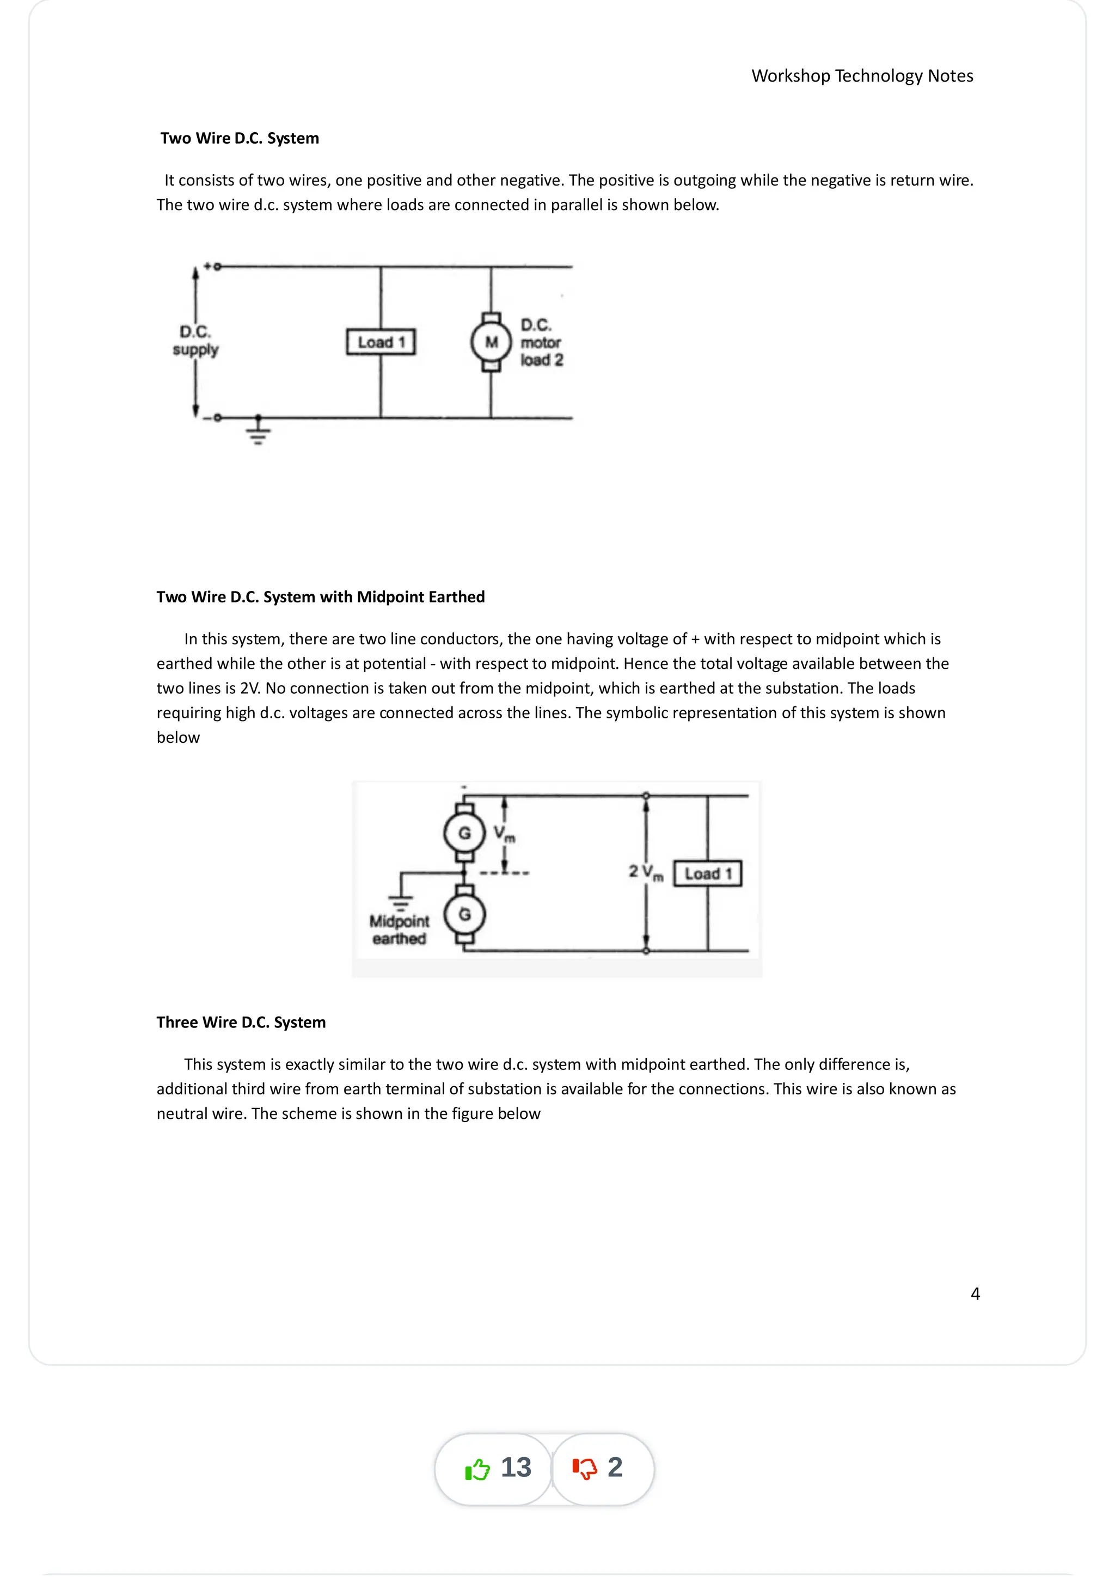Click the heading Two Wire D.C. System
coord(239,138)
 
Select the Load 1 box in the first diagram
coord(381,342)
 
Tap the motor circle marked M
coord(491,342)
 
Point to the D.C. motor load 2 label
coord(541,342)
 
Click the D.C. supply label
coord(195,341)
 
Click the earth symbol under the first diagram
coord(258,433)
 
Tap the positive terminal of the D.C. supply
coord(217,267)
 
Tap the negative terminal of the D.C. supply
coord(217,417)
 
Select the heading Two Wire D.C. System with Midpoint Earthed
coord(320,597)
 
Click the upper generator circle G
coord(464,833)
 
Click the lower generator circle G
coord(464,914)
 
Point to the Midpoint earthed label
coord(399,929)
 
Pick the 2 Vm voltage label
coord(646,872)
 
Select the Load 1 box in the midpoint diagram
coord(708,874)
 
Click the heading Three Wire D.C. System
coord(241,1022)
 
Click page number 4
coord(975,1294)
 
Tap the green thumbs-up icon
coord(477,1469)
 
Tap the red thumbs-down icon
coord(585,1469)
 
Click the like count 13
coord(516,1468)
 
